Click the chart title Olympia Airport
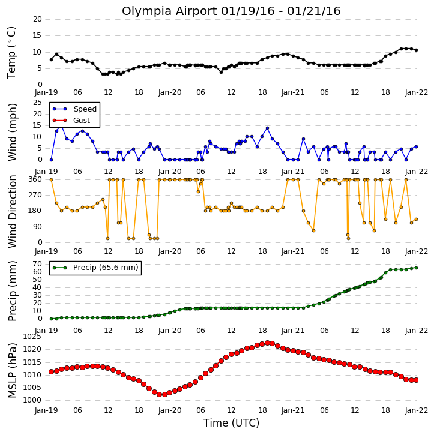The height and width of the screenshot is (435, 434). point(169,11)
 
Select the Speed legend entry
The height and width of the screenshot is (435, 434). point(74,109)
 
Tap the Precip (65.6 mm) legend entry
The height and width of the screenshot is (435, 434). point(95,268)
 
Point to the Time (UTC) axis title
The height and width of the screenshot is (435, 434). point(231,423)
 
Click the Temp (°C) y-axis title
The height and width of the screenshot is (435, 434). point(11,53)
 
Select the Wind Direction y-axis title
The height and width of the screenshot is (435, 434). point(12,212)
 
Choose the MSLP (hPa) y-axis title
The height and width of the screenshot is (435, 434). point(12,370)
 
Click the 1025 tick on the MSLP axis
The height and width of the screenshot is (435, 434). point(32,337)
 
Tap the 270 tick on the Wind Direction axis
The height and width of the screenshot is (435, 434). point(35,195)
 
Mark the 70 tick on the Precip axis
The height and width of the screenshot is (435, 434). point(37,264)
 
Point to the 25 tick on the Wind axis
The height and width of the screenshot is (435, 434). point(37,103)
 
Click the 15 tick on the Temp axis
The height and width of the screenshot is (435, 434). point(37,35)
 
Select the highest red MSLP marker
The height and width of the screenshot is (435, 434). point(267,343)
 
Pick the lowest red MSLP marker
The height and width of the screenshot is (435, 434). point(159,394)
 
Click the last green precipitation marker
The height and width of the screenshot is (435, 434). point(416,268)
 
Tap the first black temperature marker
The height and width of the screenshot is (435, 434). point(52,59)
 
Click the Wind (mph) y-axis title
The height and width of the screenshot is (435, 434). point(12,132)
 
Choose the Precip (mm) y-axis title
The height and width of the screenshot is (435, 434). point(12,291)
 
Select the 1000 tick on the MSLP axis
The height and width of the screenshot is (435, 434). point(32,400)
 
